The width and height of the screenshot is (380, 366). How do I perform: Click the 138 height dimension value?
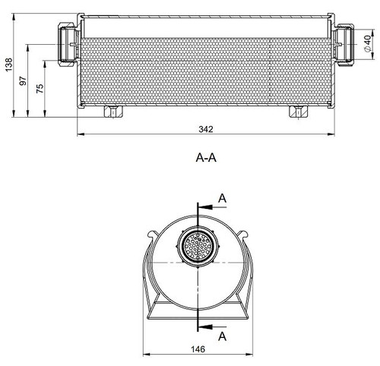(x=9, y=65)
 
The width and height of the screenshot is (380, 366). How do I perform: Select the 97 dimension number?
(x=23, y=81)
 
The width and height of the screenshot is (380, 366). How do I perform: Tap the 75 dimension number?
(x=40, y=88)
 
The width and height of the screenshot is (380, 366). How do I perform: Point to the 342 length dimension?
(x=206, y=129)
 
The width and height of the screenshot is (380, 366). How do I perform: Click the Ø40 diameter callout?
(x=368, y=43)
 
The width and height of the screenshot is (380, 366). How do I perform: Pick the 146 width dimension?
(x=198, y=349)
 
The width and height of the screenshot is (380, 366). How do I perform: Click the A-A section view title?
(x=206, y=158)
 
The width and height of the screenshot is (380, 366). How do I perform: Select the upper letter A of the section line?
(x=222, y=198)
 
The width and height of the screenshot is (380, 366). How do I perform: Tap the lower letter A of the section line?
(x=222, y=336)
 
